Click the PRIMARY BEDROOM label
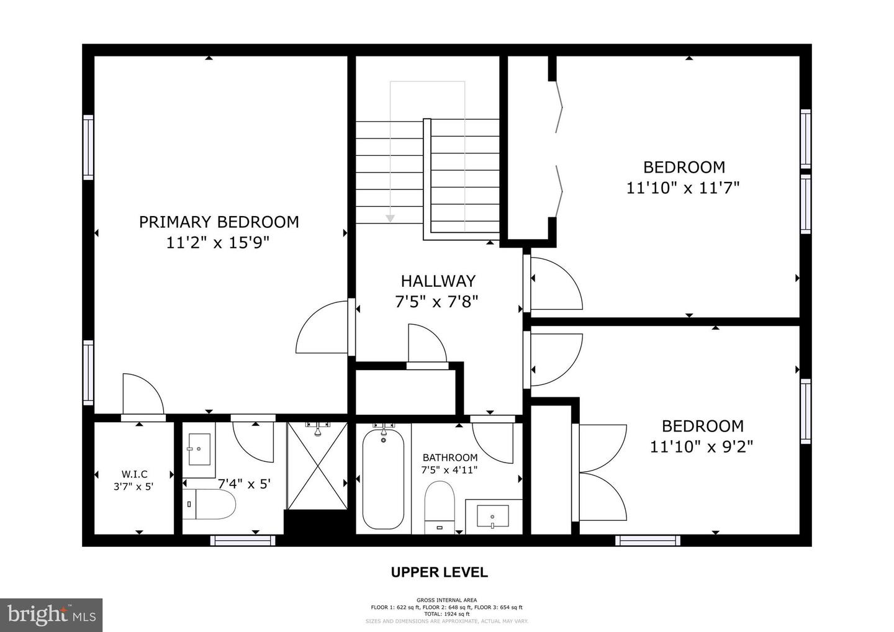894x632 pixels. pyautogui.click(x=219, y=222)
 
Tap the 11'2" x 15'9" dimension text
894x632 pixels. pyautogui.click(x=219, y=243)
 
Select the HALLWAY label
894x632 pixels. pyautogui.click(x=438, y=281)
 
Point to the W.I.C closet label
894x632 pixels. pyautogui.click(x=134, y=474)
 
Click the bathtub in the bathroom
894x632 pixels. pyautogui.click(x=383, y=479)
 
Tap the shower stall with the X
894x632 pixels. pyautogui.click(x=317, y=466)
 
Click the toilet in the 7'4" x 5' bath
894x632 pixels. pyautogui.click(x=211, y=505)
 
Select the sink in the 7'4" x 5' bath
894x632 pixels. pyautogui.click(x=199, y=447)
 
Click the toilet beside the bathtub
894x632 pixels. pyautogui.click(x=440, y=506)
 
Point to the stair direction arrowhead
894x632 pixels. pyautogui.click(x=390, y=218)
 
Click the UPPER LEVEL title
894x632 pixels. pyautogui.click(x=439, y=572)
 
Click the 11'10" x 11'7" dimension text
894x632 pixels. pyautogui.click(x=683, y=187)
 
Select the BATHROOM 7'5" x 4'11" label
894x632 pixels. pyautogui.click(x=449, y=463)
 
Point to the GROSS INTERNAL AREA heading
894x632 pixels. pyautogui.click(x=446, y=600)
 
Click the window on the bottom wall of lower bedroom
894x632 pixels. pyautogui.click(x=648, y=541)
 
